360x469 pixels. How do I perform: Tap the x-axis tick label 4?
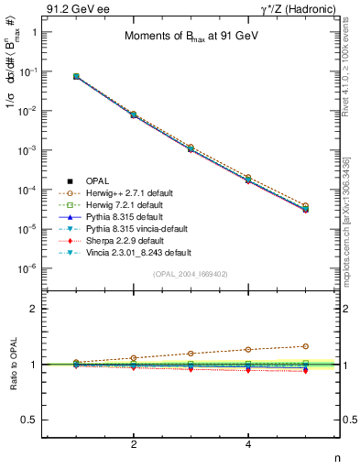click(x=249, y=445)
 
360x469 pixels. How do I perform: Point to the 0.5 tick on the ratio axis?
click(x=32, y=420)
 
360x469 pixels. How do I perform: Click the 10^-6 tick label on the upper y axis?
click(x=28, y=268)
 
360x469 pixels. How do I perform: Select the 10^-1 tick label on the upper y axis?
click(x=28, y=71)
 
